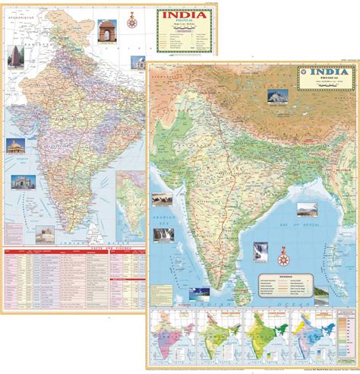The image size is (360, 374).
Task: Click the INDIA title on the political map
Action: (x=181, y=16)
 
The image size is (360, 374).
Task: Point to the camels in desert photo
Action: (x=161, y=199)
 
